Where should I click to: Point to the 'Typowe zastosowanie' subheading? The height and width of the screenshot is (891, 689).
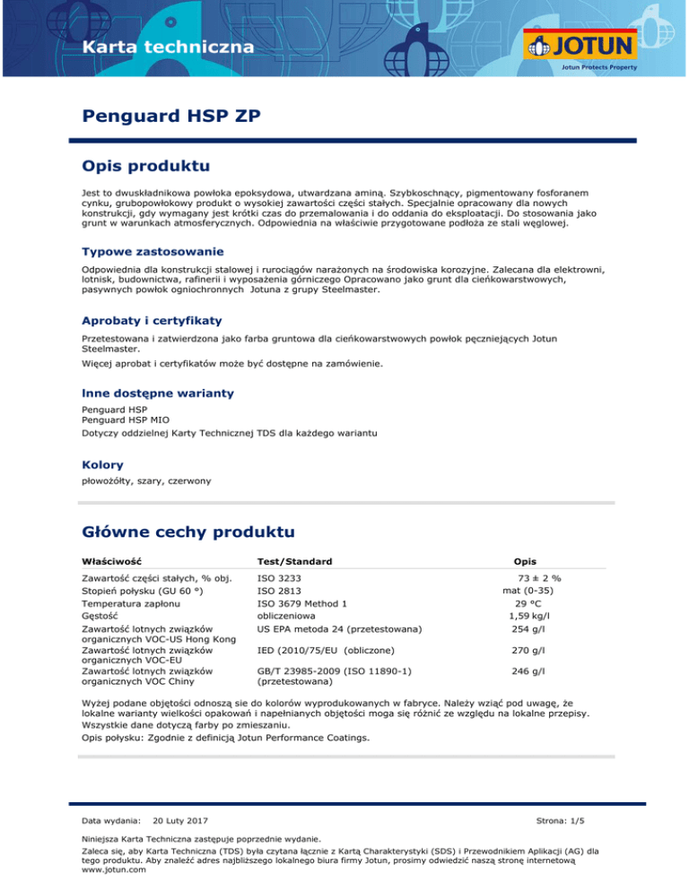pyautogui.click(x=152, y=251)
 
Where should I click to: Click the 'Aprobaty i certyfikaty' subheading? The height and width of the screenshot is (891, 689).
pyautogui.click(x=152, y=320)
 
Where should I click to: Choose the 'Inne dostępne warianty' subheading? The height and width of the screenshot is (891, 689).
pyautogui.click(x=157, y=393)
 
